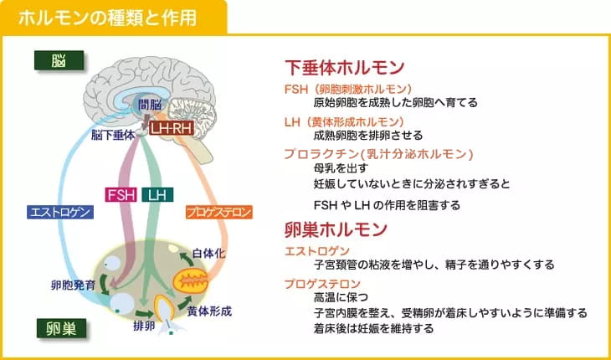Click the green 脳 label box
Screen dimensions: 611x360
59,60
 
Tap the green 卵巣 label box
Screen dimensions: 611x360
62,328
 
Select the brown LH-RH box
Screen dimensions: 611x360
172,128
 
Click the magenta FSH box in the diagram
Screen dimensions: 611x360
121,195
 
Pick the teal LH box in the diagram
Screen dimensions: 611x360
158,195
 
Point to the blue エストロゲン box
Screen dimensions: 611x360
60,212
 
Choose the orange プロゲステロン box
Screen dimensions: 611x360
219,213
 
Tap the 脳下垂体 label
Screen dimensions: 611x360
113,135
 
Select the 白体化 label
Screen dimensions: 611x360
209,254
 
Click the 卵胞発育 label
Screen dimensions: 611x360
73,285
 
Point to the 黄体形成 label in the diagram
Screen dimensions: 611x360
209,311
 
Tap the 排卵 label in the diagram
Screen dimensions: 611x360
144,327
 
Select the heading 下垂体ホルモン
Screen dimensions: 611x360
345,68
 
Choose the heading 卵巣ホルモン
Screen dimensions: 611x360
336,229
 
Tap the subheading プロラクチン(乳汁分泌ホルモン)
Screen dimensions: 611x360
378,154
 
